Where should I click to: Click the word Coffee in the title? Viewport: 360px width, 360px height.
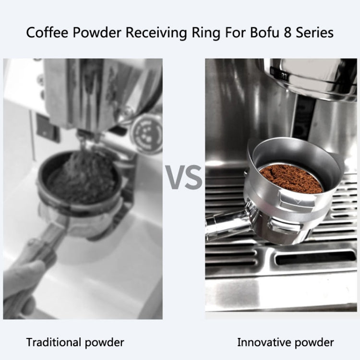point(46,33)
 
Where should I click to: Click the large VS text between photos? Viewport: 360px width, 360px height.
point(184,177)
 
